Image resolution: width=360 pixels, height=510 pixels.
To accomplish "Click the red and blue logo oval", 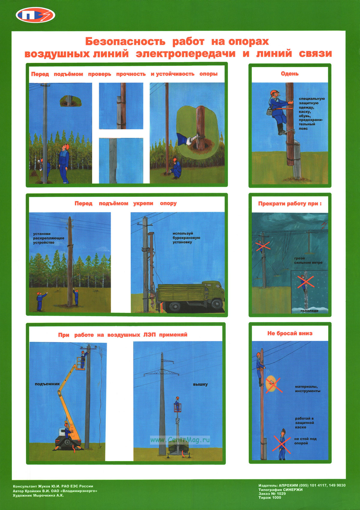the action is point(35,16).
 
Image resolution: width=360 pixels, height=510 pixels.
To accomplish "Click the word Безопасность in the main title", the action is point(125,41).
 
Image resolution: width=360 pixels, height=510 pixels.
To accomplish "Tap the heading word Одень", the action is point(289,74).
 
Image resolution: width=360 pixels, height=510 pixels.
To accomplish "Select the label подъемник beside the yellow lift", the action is point(47,384).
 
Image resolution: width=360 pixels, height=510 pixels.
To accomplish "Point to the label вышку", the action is point(200,384).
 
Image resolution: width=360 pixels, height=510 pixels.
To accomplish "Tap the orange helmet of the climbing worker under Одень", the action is point(274,92).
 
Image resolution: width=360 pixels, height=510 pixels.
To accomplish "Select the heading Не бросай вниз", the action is point(290,333).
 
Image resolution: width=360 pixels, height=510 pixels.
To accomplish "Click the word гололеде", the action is point(309,311).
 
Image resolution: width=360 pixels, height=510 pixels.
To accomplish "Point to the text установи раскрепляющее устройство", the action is point(49,238).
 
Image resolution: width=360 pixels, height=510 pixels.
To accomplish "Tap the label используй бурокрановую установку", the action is point(186,238).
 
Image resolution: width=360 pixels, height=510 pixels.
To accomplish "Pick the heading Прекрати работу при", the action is point(290,203).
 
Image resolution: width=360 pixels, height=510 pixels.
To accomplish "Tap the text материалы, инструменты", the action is point(307,388).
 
